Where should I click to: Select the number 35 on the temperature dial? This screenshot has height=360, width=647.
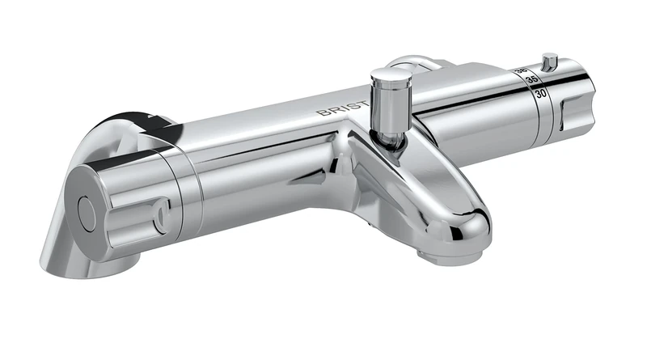(531, 81)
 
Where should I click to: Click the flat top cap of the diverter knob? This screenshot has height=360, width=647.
(389, 75)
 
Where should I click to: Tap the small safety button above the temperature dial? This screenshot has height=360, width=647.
(550, 61)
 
